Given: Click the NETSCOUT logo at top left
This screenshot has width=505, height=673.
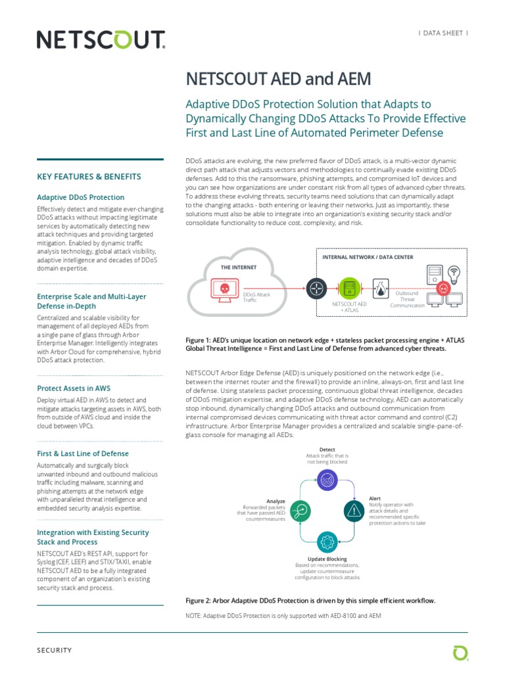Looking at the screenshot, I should [x=101, y=41].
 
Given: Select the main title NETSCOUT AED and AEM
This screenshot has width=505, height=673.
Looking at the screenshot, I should [x=279, y=80].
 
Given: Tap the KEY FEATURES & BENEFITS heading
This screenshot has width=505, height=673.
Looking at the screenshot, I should [x=89, y=177].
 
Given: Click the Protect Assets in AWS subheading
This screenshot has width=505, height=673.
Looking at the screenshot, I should [x=73, y=388].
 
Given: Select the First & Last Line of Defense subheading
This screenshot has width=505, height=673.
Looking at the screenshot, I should [x=83, y=453].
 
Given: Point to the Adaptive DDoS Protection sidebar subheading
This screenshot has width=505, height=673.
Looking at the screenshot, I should [x=80, y=197].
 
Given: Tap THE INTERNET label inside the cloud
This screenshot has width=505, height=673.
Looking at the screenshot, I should [x=238, y=267].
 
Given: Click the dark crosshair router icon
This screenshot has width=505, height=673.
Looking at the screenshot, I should [x=316, y=287].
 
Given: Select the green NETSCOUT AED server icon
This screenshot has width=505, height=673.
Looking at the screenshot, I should [x=349, y=288].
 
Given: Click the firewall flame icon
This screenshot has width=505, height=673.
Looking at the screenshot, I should [x=380, y=287].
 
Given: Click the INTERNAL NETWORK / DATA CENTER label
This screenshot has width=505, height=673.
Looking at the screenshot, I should [x=368, y=257].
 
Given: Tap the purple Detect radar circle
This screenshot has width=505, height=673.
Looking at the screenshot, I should [x=327, y=478].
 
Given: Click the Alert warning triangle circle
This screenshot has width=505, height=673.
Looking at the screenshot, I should [x=354, y=510].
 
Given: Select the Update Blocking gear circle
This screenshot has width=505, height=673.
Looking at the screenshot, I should [x=327, y=542].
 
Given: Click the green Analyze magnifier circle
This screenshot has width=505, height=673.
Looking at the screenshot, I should [x=300, y=510].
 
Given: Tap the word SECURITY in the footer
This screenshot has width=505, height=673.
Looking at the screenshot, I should [x=55, y=650].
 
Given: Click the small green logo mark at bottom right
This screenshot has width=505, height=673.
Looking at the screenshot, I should [x=460, y=652].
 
